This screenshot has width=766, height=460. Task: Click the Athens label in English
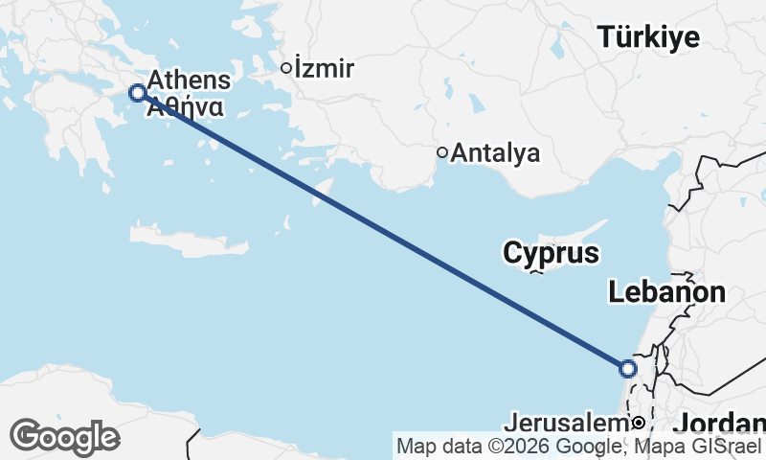coord(190,80)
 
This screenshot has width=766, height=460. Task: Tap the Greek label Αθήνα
coord(186,107)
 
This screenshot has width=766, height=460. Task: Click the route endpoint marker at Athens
coord(137,93)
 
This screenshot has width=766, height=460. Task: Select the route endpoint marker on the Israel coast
coord(628,368)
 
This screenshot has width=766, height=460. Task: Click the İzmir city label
coord(325,69)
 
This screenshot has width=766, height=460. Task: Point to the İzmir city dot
coord(285,68)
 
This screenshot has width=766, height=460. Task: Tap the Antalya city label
coord(495,152)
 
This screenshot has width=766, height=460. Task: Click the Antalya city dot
coord(442,151)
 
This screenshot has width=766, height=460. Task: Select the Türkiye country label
coord(648,37)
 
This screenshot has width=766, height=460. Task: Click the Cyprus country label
coord(551,254)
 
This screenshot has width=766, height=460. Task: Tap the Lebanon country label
coord(666,293)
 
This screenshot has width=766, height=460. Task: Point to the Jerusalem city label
coord(564,423)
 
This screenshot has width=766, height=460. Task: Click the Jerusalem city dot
coord(637,423)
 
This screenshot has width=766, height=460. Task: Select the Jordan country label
coord(719,423)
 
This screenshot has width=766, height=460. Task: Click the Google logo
coord(64,437)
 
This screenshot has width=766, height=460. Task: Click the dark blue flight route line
coord(383,231)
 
